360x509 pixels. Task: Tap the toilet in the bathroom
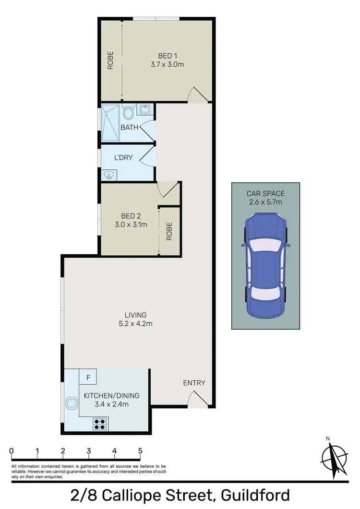[x=128, y=113]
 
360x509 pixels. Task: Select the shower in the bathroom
[x=110, y=123]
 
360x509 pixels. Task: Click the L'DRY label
[x=123, y=157]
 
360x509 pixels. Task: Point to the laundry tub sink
[x=108, y=175]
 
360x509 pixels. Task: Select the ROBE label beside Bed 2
[x=169, y=231]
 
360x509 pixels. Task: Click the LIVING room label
[x=135, y=315]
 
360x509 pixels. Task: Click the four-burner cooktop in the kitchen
[x=101, y=424]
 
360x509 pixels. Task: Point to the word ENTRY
[x=194, y=383]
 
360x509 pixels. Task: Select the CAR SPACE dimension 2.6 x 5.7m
[x=266, y=202]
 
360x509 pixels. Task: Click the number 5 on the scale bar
[x=140, y=451]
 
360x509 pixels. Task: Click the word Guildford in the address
[x=252, y=495]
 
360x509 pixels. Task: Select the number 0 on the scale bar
[x=11, y=451]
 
